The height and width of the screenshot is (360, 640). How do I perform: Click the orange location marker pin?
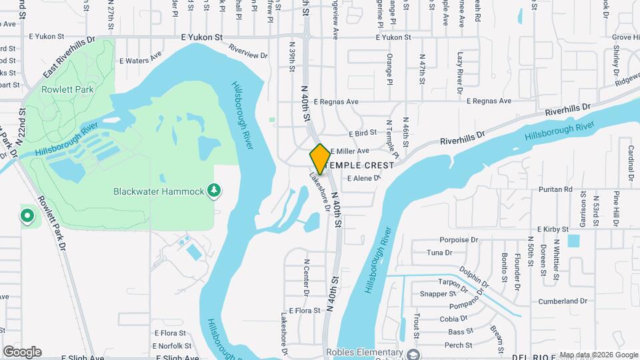tap(320, 159)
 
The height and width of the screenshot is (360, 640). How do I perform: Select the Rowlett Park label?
tap(67, 89)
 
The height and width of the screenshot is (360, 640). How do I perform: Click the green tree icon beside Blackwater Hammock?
tap(214, 191)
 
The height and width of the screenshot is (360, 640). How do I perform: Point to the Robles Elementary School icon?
tap(413, 353)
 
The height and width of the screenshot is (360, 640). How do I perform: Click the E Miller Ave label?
tap(349, 151)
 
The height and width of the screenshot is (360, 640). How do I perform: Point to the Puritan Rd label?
tap(558, 189)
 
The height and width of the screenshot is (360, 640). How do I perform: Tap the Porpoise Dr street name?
tap(459, 239)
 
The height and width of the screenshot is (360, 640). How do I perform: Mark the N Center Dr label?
tap(307, 277)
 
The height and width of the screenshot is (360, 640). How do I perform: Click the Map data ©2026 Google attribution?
tap(597, 355)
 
